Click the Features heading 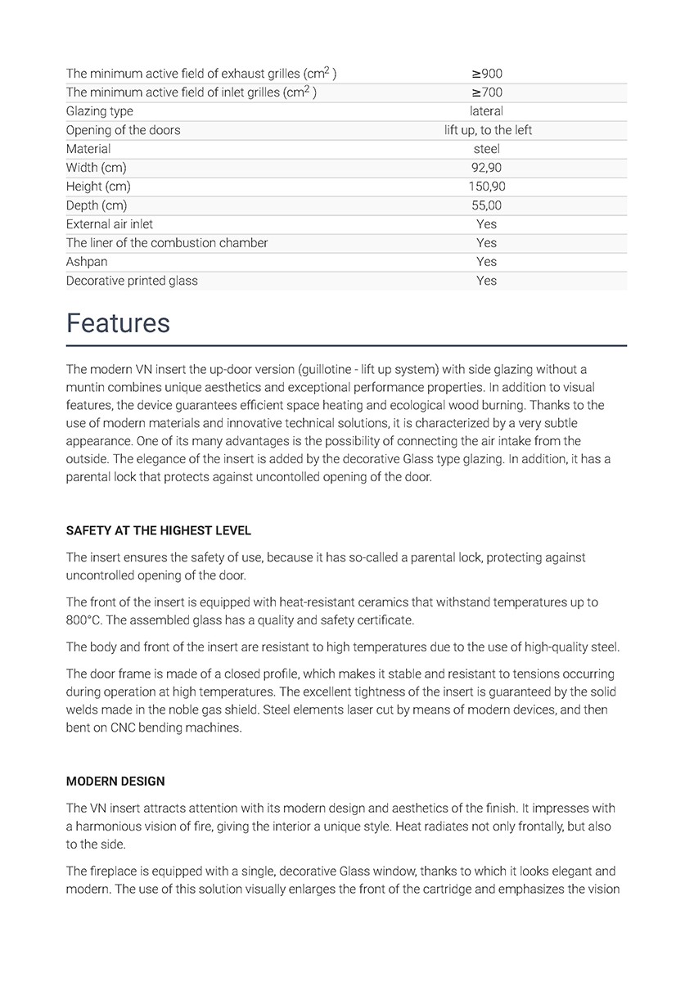[x=118, y=323]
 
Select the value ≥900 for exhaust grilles [x=486, y=74]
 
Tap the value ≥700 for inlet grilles [x=486, y=92]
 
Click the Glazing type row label [x=99, y=111]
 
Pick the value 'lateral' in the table [x=486, y=111]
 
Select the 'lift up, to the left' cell [x=488, y=130]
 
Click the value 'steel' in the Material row [x=486, y=149]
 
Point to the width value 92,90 [x=486, y=168]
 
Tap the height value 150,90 [x=486, y=187]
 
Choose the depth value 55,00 [x=486, y=205]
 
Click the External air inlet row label [x=109, y=224]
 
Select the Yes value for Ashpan [x=486, y=262]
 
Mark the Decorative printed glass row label [x=132, y=281]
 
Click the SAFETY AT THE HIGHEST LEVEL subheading [x=158, y=531]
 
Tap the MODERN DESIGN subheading [x=115, y=782]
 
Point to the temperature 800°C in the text [x=83, y=620]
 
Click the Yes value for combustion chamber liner [x=486, y=243]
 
